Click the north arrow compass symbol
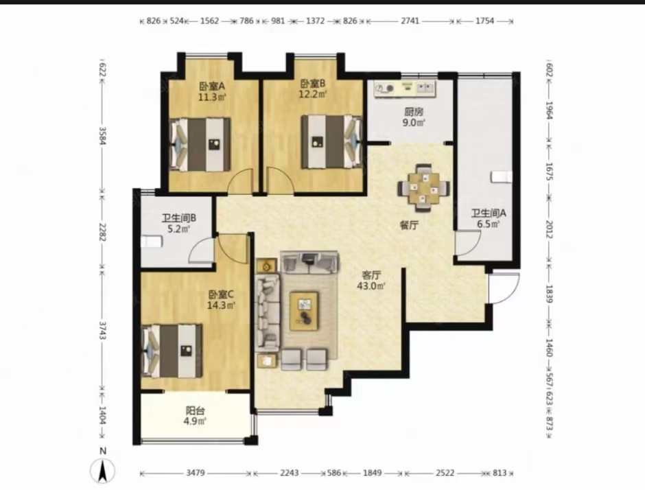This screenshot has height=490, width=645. click(x=102, y=470)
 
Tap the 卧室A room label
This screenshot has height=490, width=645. click(x=212, y=86)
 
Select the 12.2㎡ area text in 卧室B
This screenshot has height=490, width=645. click(x=313, y=94)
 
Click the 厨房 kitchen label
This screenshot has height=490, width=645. click(x=413, y=112)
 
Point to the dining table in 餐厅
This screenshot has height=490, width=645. click(x=423, y=188)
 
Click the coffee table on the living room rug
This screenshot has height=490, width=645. click(x=304, y=311)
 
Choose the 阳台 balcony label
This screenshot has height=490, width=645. click(x=195, y=410)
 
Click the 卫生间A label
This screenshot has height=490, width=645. click(x=489, y=213)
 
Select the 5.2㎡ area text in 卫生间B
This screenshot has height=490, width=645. click(x=179, y=229)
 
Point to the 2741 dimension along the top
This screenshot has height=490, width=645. click(x=410, y=21)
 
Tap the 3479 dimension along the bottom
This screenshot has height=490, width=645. click(x=196, y=473)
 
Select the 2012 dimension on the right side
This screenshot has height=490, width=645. click(x=549, y=229)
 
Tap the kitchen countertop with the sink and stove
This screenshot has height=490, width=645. click(x=405, y=88)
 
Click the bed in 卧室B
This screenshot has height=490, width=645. click(x=331, y=141)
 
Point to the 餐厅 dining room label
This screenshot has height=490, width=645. click(x=409, y=225)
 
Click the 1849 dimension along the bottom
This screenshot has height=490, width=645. click(x=373, y=473)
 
